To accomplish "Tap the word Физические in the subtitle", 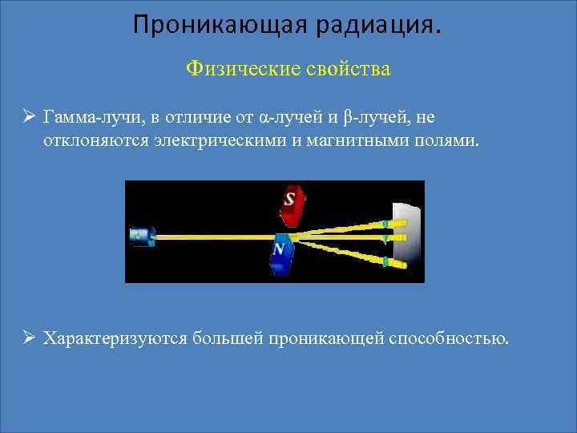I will pyautogui.click(x=242, y=69).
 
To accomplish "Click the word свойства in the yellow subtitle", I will pyautogui.click(x=347, y=69).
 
